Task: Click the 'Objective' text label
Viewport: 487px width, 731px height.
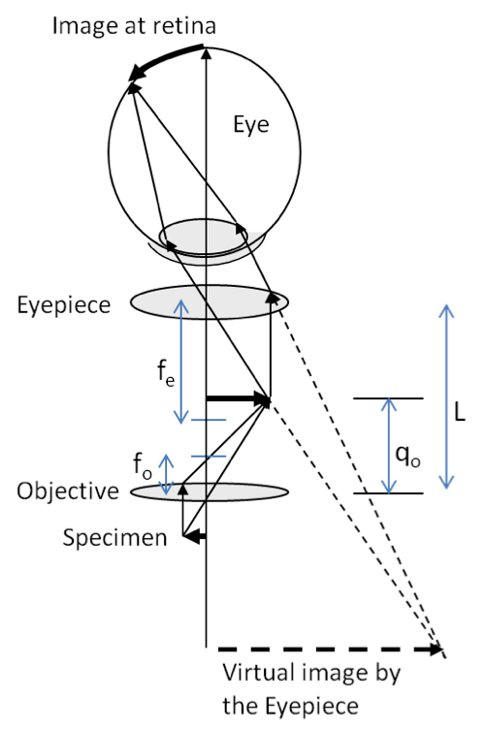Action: [x=66, y=491]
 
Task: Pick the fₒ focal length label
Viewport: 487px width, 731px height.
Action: [x=143, y=464]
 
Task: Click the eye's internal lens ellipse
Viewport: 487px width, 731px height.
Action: [x=204, y=235]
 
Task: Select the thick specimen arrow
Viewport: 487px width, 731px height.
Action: [x=194, y=535]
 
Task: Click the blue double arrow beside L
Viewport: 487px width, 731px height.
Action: [x=445, y=397]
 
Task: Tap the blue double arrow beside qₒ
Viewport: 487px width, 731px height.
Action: [x=388, y=446]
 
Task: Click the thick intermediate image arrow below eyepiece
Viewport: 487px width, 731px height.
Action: [x=238, y=397]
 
